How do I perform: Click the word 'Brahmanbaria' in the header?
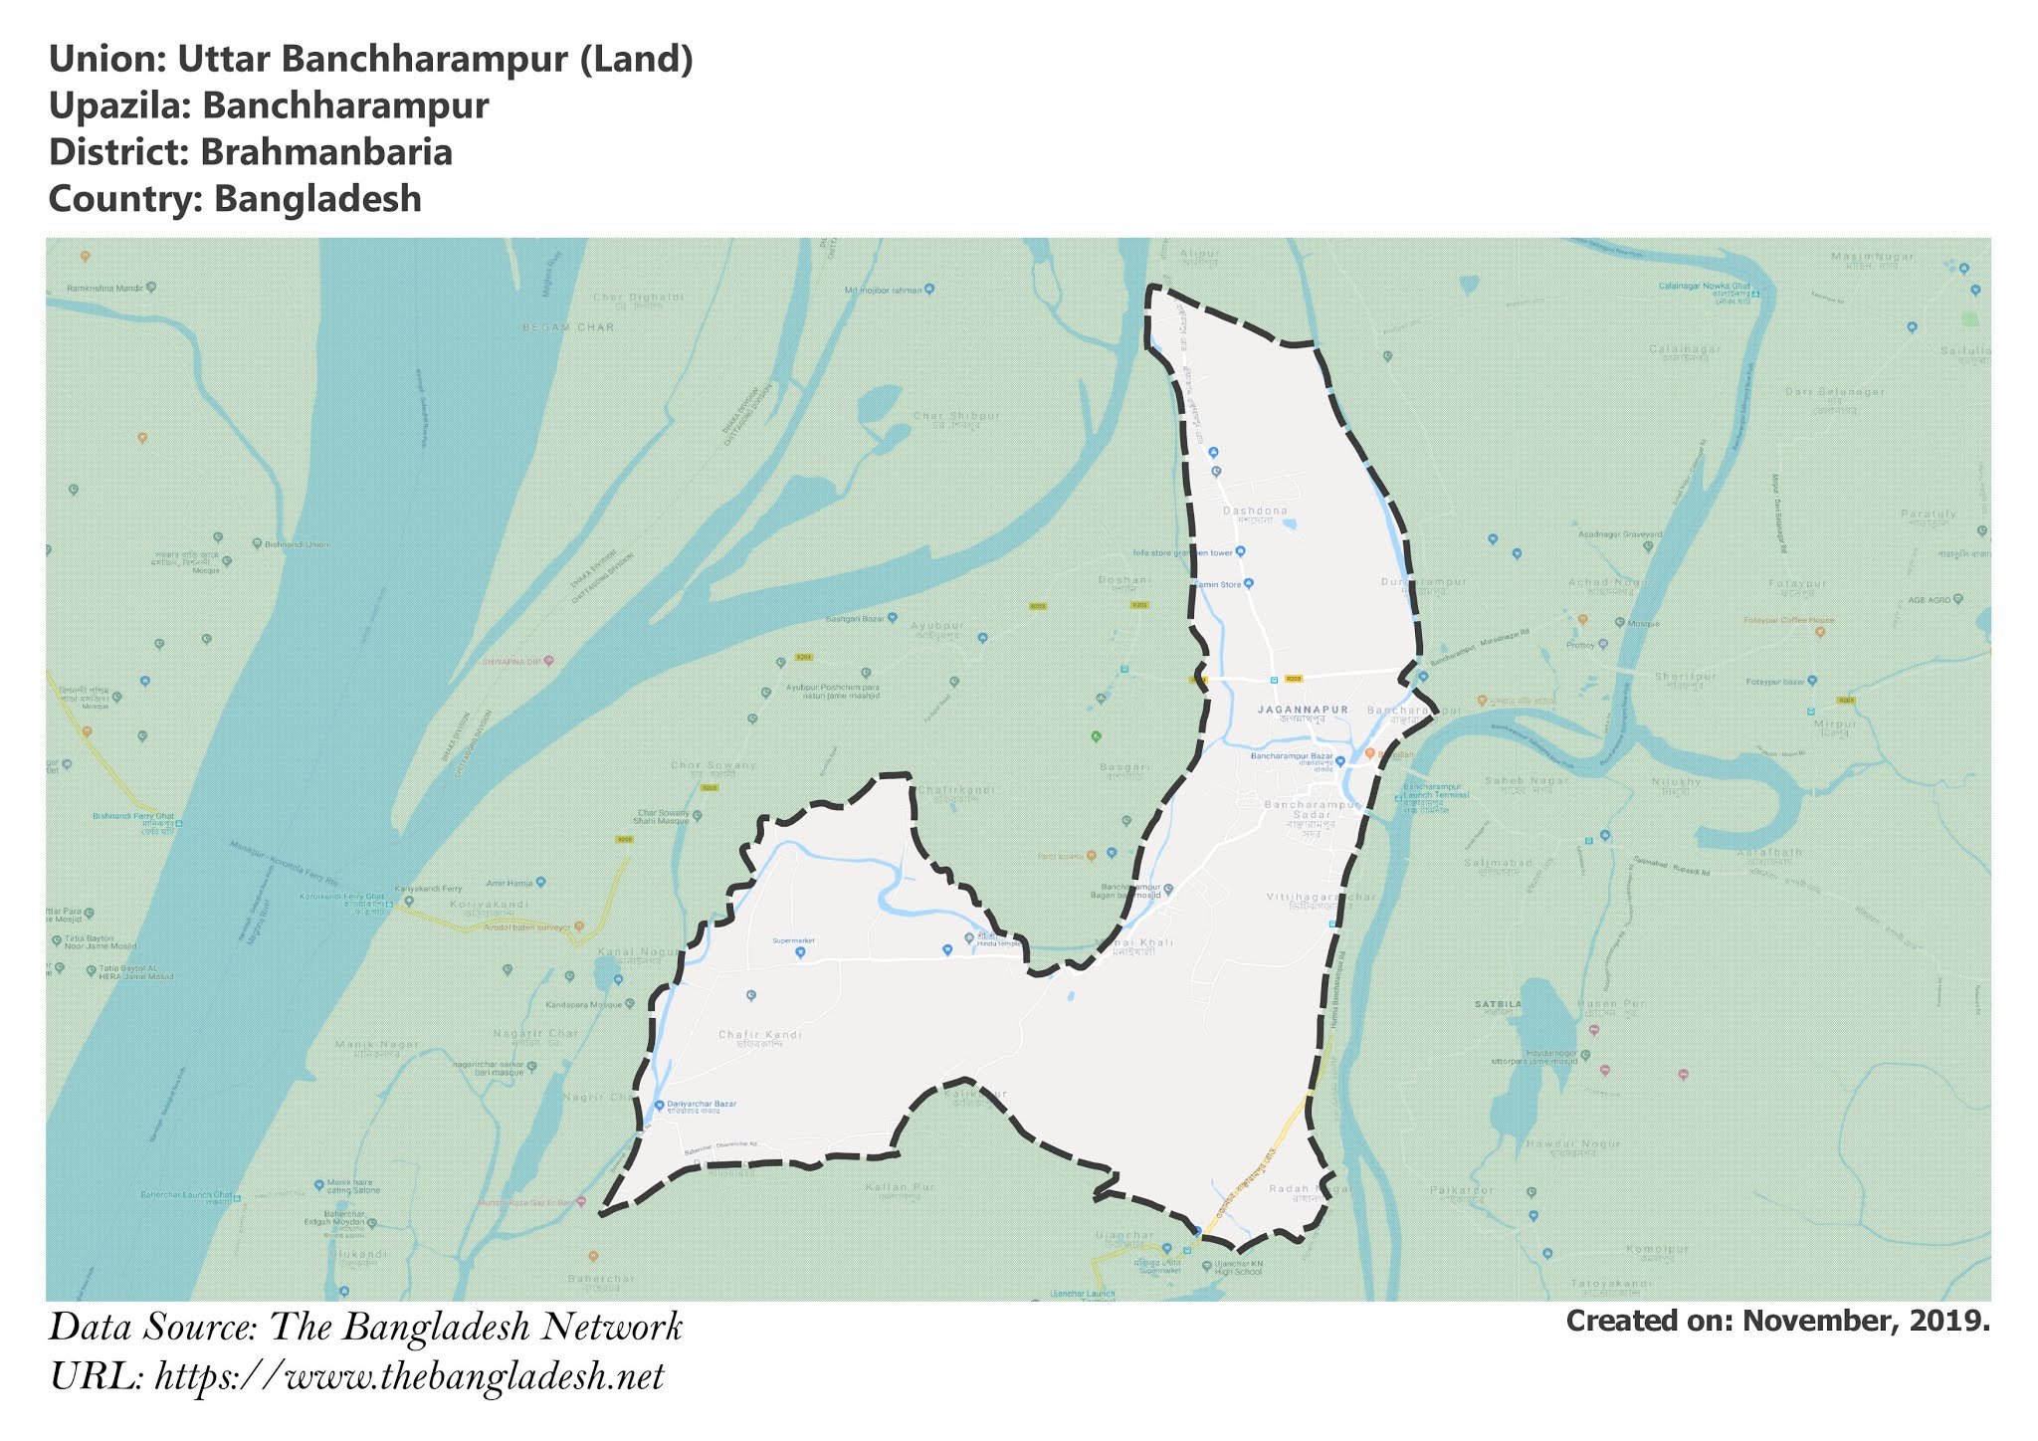pyautogui.click(x=326, y=152)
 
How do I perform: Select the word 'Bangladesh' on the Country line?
pyautogui.click(x=317, y=199)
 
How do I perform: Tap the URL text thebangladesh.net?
pyautogui.click(x=409, y=1377)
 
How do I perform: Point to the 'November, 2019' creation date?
pyautogui.click(x=1866, y=1322)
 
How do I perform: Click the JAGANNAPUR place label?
pyautogui.click(x=1303, y=711)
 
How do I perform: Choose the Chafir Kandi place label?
pyautogui.click(x=760, y=1035)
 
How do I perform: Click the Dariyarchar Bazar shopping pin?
pyautogui.click(x=659, y=1106)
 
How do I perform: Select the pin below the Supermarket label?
pyautogui.click(x=800, y=952)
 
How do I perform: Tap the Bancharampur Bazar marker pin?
pyautogui.click(x=1340, y=761)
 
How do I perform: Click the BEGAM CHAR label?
pyautogui.click(x=568, y=327)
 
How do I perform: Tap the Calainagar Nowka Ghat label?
pyautogui.click(x=1703, y=287)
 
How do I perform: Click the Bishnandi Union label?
pyautogui.click(x=291, y=544)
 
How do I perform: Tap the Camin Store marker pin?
pyautogui.click(x=1249, y=584)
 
